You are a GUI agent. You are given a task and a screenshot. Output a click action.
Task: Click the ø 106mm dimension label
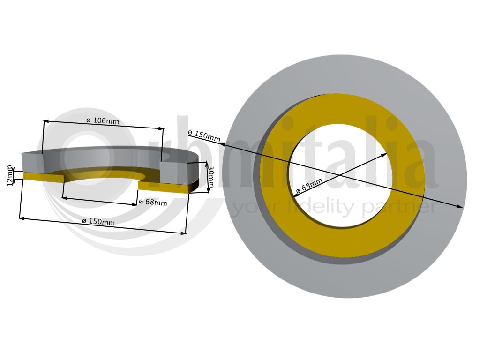(103, 120)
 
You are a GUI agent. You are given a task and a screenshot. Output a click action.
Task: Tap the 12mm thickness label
(10, 175)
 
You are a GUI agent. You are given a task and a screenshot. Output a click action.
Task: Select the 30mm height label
(210, 177)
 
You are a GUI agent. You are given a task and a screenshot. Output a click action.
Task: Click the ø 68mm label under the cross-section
(153, 202)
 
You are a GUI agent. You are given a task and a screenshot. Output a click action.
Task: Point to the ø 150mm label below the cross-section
(98, 221)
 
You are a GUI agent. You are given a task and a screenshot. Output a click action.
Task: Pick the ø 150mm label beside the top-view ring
(204, 136)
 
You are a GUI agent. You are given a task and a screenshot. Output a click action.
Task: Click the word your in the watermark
(259, 209)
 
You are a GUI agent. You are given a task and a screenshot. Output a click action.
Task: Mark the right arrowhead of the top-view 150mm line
(460, 207)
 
